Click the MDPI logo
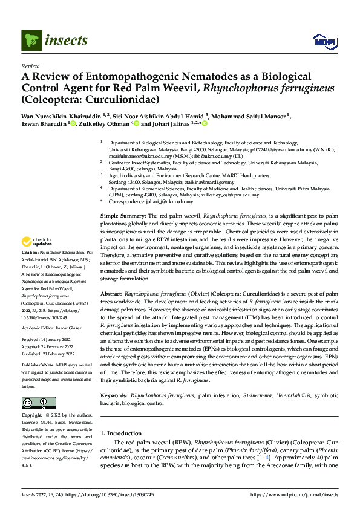321,41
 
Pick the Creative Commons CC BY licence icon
36,403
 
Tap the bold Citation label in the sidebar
30,267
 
